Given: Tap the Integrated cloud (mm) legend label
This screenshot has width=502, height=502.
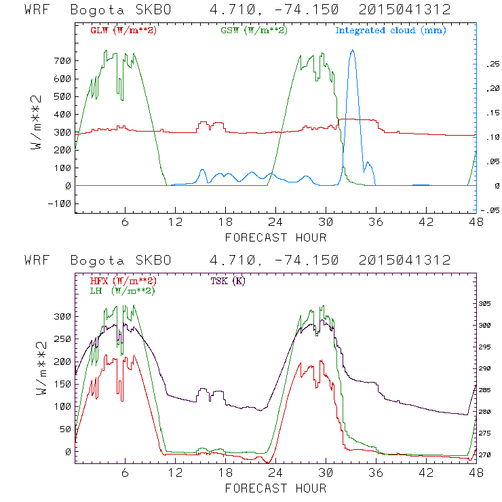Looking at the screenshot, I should tap(391, 30).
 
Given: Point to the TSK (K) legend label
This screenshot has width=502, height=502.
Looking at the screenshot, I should tap(229, 281).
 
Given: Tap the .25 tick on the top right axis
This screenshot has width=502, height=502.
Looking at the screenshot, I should tap(490, 64).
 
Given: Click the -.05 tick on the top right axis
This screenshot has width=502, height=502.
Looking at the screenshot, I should tap(490, 210).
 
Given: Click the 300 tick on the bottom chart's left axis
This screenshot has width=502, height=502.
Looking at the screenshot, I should tap(62, 317).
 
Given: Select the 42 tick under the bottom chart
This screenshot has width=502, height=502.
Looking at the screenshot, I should tap(427, 474).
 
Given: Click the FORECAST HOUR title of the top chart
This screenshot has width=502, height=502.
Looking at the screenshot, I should tap(275, 237).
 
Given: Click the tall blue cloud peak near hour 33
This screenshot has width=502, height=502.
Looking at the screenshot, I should tap(352, 51).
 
